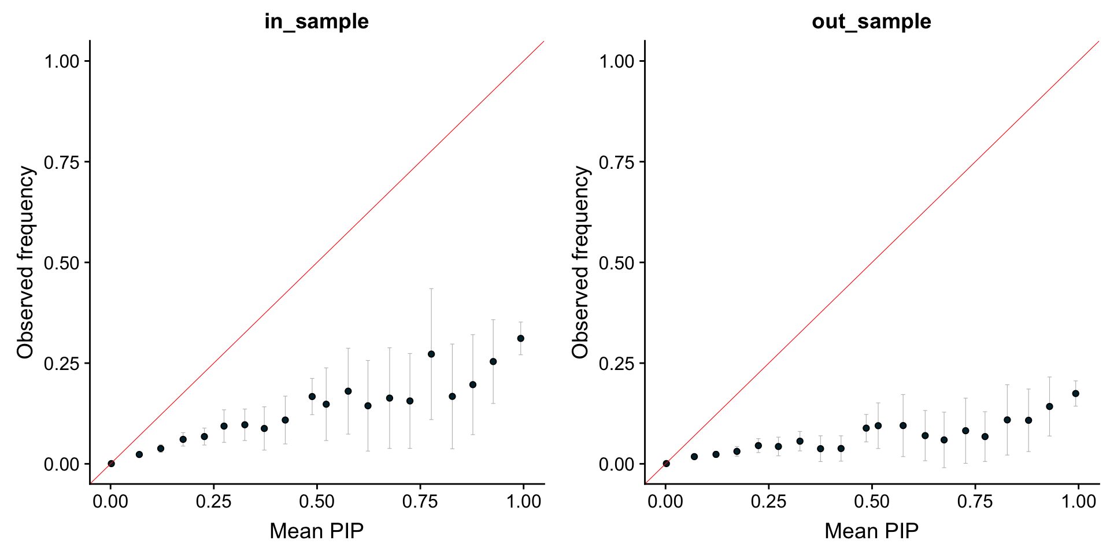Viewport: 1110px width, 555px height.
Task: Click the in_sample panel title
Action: tap(316, 21)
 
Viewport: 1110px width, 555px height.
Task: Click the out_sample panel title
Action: tap(871, 21)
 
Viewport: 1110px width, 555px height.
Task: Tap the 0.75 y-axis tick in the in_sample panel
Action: tap(62, 162)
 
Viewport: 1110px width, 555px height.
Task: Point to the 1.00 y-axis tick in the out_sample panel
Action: tap(617, 61)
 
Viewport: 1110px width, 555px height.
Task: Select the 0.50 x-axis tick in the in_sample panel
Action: tap(317, 501)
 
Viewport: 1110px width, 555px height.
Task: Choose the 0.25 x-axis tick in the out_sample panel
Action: tap(768, 501)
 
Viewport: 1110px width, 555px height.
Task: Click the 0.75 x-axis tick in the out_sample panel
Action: tap(975, 501)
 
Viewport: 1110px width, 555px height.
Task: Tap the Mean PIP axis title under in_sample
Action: tap(316, 531)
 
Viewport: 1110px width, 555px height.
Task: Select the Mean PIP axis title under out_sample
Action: tap(871, 531)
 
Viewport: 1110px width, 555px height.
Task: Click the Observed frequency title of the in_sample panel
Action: tap(25, 262)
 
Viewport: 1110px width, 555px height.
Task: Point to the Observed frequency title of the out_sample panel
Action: tap(580, 262)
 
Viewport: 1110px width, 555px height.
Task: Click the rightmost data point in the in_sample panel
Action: tap(520, 338)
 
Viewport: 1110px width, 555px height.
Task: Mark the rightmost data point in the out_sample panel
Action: tap(1075, 394)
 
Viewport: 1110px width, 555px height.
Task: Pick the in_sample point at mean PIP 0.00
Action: tap(111, 464)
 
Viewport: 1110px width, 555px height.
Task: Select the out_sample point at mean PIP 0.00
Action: tap(666, 464)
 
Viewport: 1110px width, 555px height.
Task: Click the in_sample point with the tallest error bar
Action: tap(431, 354)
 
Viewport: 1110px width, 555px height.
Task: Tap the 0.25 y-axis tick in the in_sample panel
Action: tap(62, 364)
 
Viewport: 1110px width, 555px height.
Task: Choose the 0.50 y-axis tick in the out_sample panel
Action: tap(617, 263)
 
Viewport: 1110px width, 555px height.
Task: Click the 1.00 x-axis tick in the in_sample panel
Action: tap(523, 501)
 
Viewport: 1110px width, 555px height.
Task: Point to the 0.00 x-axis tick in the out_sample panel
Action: tap(665, 501)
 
